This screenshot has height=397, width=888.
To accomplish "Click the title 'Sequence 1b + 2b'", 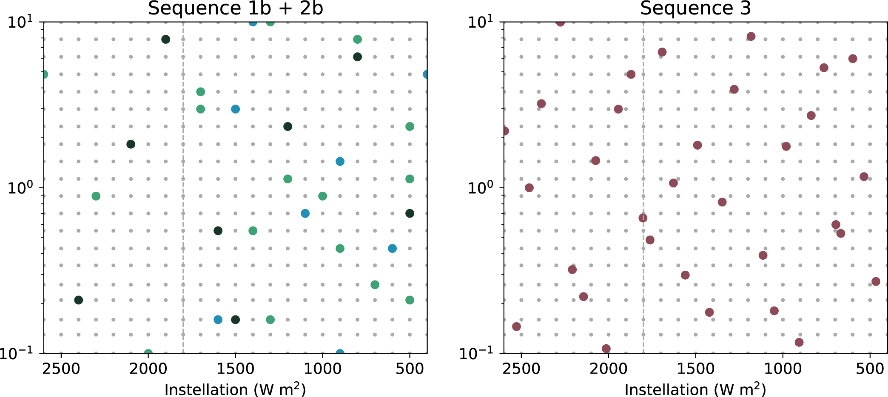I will (x=235, y=9).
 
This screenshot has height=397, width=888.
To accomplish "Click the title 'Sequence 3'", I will (x=695, y=9).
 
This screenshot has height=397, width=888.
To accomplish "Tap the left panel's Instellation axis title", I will (x=235, y=389).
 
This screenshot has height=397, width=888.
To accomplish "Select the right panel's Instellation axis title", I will (x=695, y=389).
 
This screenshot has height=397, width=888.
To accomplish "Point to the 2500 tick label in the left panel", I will (x=61, y=369).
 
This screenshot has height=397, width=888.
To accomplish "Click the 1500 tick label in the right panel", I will (x=696, y=369).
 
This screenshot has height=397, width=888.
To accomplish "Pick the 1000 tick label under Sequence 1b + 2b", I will (x=322, y=369).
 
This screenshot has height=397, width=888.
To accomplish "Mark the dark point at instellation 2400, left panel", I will (x=79, y=300).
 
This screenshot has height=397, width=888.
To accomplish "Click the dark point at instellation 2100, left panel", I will (x=131, y=144).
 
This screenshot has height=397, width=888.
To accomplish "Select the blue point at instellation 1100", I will (x=305, y=213).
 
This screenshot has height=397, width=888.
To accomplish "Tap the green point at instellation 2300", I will (x=96, y=196).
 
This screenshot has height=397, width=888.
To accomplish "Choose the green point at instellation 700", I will (x=375, y=285).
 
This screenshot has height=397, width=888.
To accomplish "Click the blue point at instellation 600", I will (x=392, y=248).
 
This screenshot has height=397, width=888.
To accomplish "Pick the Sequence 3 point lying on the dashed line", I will (x=643, y=218).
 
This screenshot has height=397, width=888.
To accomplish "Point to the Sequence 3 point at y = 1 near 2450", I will (x=529, y=188).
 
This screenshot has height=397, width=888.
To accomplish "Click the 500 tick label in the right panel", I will (x=870, y=369).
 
